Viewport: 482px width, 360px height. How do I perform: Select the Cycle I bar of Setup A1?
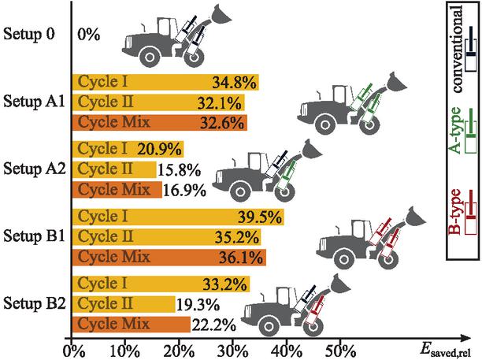[x=165, y=82]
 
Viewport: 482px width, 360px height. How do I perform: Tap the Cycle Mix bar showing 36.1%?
[x=169, y=258]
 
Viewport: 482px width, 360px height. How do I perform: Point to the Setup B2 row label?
[x=35, y=303]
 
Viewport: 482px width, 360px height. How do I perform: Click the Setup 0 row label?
[x=31, y=34]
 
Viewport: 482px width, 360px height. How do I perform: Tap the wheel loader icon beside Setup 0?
[x=165, y=39]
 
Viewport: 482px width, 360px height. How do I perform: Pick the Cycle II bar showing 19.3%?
[x=123, y=304]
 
